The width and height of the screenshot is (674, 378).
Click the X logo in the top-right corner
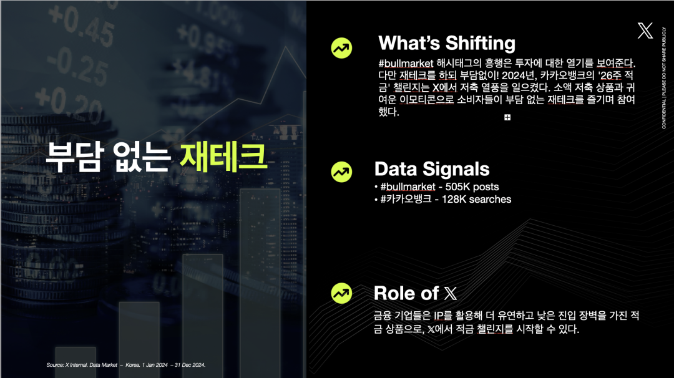point(645,31)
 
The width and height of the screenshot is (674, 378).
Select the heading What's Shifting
point(447,43)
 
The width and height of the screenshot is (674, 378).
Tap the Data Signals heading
point(432,169)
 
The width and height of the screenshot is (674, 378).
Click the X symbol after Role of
point(451,293)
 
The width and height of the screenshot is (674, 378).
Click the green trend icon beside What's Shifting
point(342,47)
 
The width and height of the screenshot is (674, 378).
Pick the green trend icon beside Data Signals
point(342,172)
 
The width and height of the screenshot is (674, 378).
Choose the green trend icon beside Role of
point(342,293)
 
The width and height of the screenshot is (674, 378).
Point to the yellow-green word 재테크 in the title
point(223,156)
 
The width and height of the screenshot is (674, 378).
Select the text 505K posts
point(472,187)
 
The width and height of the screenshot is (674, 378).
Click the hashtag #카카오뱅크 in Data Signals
point(406,200)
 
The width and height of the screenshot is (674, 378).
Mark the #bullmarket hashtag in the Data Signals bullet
point(408,187)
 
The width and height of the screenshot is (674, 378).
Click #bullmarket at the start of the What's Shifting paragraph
point(406,64)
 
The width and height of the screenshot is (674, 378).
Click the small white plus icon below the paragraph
point(507,117)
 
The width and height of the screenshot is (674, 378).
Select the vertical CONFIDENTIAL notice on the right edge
point(663,78)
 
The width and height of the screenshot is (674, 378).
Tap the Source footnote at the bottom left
point(126,365)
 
